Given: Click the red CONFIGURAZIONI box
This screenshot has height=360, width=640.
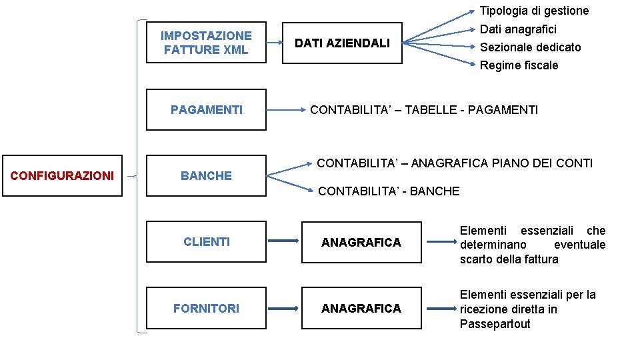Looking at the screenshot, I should point(63,175).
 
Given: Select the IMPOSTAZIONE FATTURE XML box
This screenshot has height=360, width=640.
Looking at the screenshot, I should point(206,43).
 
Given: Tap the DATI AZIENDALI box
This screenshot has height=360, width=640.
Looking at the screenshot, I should point(342,43).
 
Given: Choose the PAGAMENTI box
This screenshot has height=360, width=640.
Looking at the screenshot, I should point(206,109).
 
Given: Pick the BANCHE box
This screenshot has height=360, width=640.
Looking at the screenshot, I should point(206,175).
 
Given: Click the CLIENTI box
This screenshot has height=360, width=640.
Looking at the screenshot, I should point(206,241).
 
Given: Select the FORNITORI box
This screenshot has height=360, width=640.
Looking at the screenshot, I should point(206,308).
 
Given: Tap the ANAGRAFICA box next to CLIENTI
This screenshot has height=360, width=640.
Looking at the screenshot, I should point(361,242).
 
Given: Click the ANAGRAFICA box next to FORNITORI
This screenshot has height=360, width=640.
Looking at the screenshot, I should point(361,308).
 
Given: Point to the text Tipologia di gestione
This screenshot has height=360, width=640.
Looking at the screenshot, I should point(534,11).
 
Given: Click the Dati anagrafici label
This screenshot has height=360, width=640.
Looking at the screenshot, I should point(518,29).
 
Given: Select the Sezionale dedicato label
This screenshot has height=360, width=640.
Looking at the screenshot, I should point(530,47).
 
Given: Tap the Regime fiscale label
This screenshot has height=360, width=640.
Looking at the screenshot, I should point(519,65).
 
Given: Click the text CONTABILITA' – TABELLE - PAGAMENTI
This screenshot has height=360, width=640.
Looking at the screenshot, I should point(424,110).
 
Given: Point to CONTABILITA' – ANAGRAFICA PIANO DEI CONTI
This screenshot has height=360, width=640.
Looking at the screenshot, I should point(455,163).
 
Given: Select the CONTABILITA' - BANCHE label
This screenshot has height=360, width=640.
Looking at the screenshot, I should point(389,191).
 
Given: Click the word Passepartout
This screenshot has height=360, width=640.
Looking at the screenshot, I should point(495,324).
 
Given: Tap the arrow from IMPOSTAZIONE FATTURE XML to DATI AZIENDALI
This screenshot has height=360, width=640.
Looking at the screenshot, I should point(274,43).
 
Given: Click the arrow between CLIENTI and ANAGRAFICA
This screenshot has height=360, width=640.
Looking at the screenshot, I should point(283,241).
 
